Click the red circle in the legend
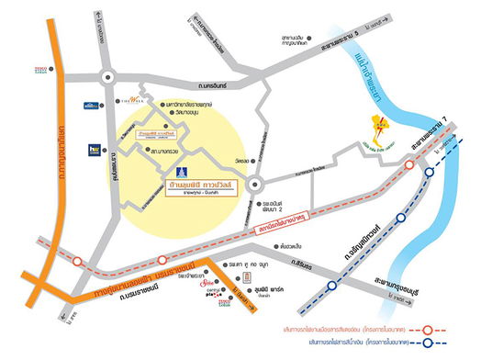(426, 326)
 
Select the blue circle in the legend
(426, 342)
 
